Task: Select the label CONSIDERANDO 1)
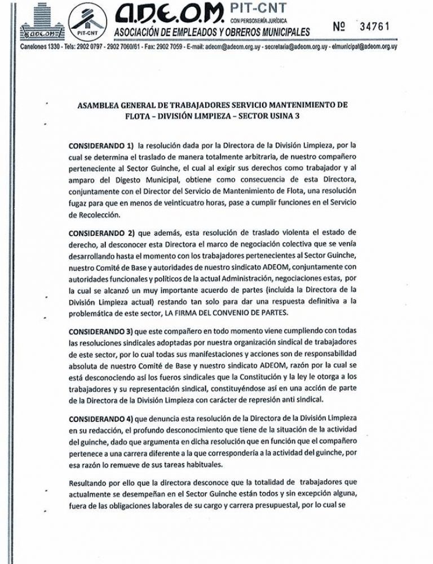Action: (x=102, y=145)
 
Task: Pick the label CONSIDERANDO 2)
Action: (x=102, y=232)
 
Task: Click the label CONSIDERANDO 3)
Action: (x=102, y=329)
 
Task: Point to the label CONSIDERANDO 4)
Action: (x=102, y=417)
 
